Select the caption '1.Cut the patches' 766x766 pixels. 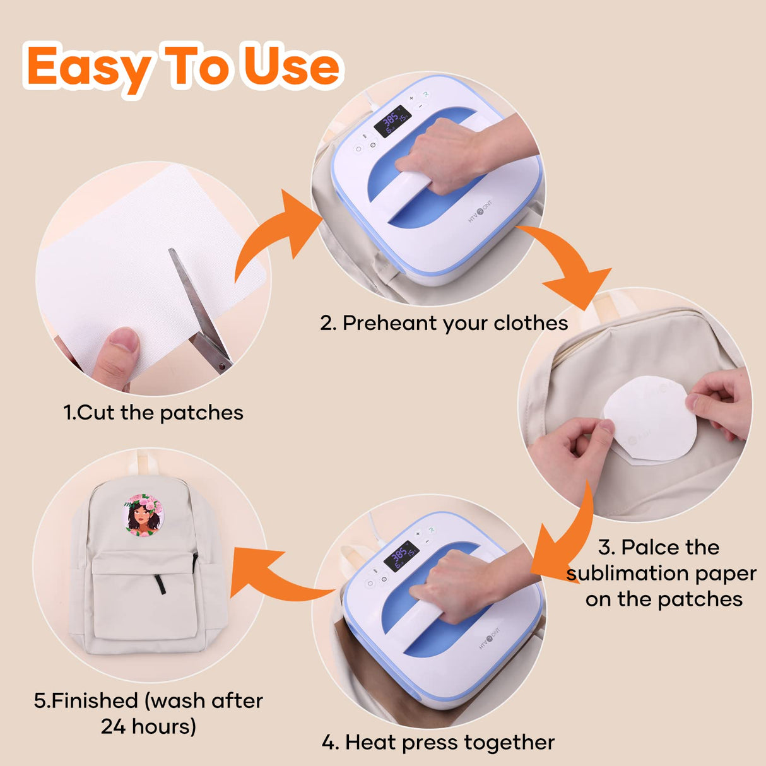pyautogui.click(x=153, y=413)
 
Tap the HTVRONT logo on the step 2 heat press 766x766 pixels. pyautogui.click(x=480, y=212)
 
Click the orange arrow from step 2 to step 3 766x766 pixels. pyautogui.click(x=568, y=265)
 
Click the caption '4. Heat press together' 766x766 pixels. pyautogui.click(x=438, y=742)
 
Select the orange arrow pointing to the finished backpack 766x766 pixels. pyautogui.click(x=271, y=574)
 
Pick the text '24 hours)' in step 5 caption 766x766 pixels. pyautogui.click(x=148, y=727)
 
